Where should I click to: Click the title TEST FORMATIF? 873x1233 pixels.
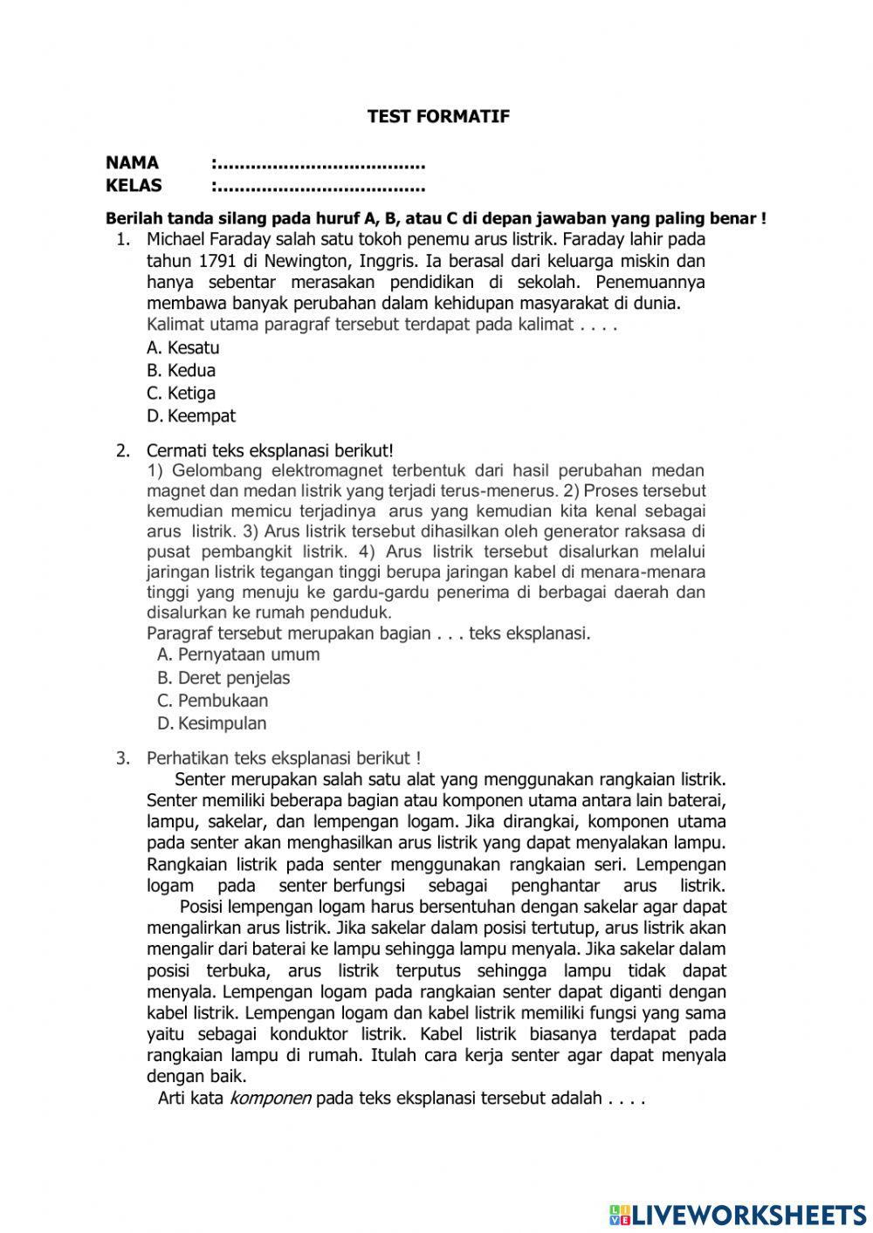[438, 116]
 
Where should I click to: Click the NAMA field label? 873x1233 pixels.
[132, 162]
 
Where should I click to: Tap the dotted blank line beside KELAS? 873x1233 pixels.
[320, 186]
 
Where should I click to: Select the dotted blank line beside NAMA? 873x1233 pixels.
[320, 163]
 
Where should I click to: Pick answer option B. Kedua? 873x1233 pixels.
[182, 370]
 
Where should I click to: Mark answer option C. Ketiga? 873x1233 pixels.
[182, 393]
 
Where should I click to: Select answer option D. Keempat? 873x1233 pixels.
[191, 415]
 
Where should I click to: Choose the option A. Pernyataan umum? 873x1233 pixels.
[238, 654]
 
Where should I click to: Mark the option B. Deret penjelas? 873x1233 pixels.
[223, 677]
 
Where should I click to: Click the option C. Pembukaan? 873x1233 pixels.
[213, 700]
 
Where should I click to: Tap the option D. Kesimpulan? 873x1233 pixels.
[212, 723]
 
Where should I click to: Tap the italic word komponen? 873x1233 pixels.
[270, 1098]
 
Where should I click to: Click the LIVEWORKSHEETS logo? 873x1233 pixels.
[738, 1214]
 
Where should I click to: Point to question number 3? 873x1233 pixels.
[123, 758]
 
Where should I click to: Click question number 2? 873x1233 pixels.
[123, 450]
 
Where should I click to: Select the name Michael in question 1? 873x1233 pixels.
[177, 238]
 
